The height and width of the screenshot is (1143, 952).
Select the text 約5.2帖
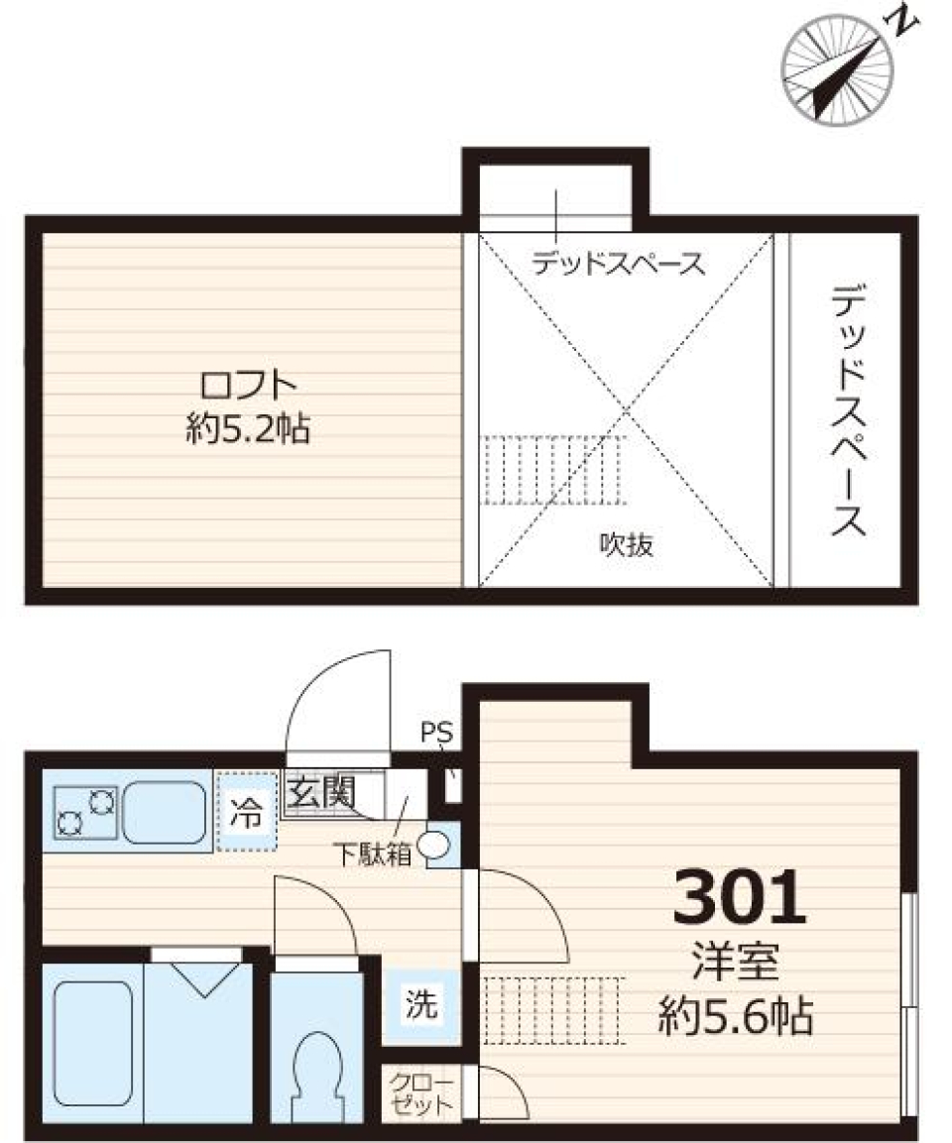coord(249,429)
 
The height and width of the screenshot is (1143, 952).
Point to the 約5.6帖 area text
coord(736,1017)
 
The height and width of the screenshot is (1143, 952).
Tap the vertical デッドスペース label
coord(850,409)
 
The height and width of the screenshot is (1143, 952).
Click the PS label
coord(435,735)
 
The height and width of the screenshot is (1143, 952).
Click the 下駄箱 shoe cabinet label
coord(371,856)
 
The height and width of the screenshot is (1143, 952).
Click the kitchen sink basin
coord(163,812)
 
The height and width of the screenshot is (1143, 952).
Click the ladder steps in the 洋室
coord(551,1009)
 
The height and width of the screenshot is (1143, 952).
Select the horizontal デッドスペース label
coord(618,264)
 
